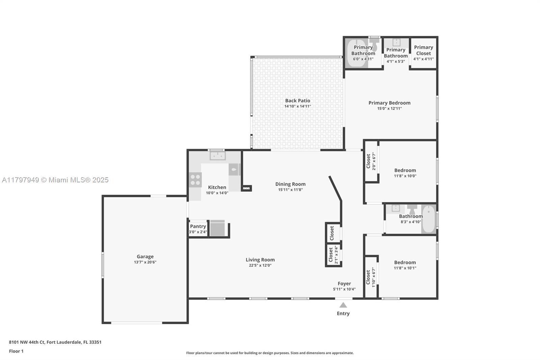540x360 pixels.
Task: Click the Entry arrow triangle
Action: click(x=343, y=305)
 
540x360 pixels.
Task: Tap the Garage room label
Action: click(x=145, y=257)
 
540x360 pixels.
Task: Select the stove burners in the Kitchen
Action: click(x=195, y=180)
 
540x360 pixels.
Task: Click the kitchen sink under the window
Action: click(x=217, y=156)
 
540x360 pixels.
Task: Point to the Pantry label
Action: click(x=198, y=226)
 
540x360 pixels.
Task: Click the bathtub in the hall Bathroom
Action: click(x=429, y=220)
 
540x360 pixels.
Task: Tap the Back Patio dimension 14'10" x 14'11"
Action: click(x=297, y=106)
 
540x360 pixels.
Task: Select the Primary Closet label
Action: click(x=424, y=50)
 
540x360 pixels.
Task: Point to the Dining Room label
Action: click(x=290, y=184)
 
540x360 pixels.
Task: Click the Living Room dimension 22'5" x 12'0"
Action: click(x=260, y=265)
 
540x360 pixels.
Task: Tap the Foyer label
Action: click(x=344, y=284)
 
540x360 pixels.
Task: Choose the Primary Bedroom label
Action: click(x=389, y=103)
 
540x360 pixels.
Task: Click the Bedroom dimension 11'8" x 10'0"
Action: click(x=405, y=176)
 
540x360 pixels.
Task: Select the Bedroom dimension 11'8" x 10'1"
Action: click(x=405, y=268)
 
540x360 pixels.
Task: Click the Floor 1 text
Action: click(x=16, y=351)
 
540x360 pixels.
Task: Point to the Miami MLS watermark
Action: click(x=55, y=180)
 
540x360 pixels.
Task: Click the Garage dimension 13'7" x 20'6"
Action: click(x=145, y=262)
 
